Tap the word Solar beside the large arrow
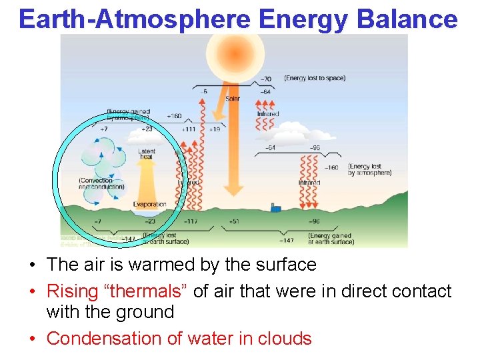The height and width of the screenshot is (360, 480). [x=233, y=99]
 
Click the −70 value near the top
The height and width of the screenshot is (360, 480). [x=266, y=79]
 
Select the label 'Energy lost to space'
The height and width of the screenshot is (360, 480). [x=315, y=79]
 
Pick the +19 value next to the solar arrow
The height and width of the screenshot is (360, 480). [x=215, y=129]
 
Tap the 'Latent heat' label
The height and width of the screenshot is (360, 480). [x=147, y=154]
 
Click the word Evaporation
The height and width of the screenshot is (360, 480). [x=149, y=204]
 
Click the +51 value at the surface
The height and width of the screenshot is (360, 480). [x=233, y=221]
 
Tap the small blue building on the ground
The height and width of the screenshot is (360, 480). [x=275, y=208]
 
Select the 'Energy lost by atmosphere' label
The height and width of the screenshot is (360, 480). [x=369, y=170]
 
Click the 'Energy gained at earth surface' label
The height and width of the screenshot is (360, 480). [x=331, y=238]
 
